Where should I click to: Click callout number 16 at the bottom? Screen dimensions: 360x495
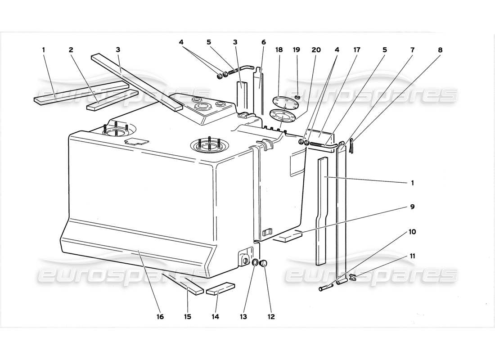[160, 317]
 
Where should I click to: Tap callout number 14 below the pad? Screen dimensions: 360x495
[215, 317]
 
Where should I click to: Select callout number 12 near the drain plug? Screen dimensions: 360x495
[271, 317]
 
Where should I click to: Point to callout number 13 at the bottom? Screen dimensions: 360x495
[243, 317]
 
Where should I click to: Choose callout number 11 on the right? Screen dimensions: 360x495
[413, 256]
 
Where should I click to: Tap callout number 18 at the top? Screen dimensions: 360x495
[279, 50]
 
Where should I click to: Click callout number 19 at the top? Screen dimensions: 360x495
[297, 50]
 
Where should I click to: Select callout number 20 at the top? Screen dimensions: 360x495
[316, 50]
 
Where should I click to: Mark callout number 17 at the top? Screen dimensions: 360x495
[357, 50]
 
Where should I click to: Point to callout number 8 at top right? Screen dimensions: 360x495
[440, 50]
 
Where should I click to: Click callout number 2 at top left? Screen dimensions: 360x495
[71, 50]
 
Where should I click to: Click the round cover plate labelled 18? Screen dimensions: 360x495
[282, 102]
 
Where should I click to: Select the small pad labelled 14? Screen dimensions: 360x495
[220, 288]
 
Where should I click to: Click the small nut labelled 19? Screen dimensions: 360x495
[297, 97]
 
